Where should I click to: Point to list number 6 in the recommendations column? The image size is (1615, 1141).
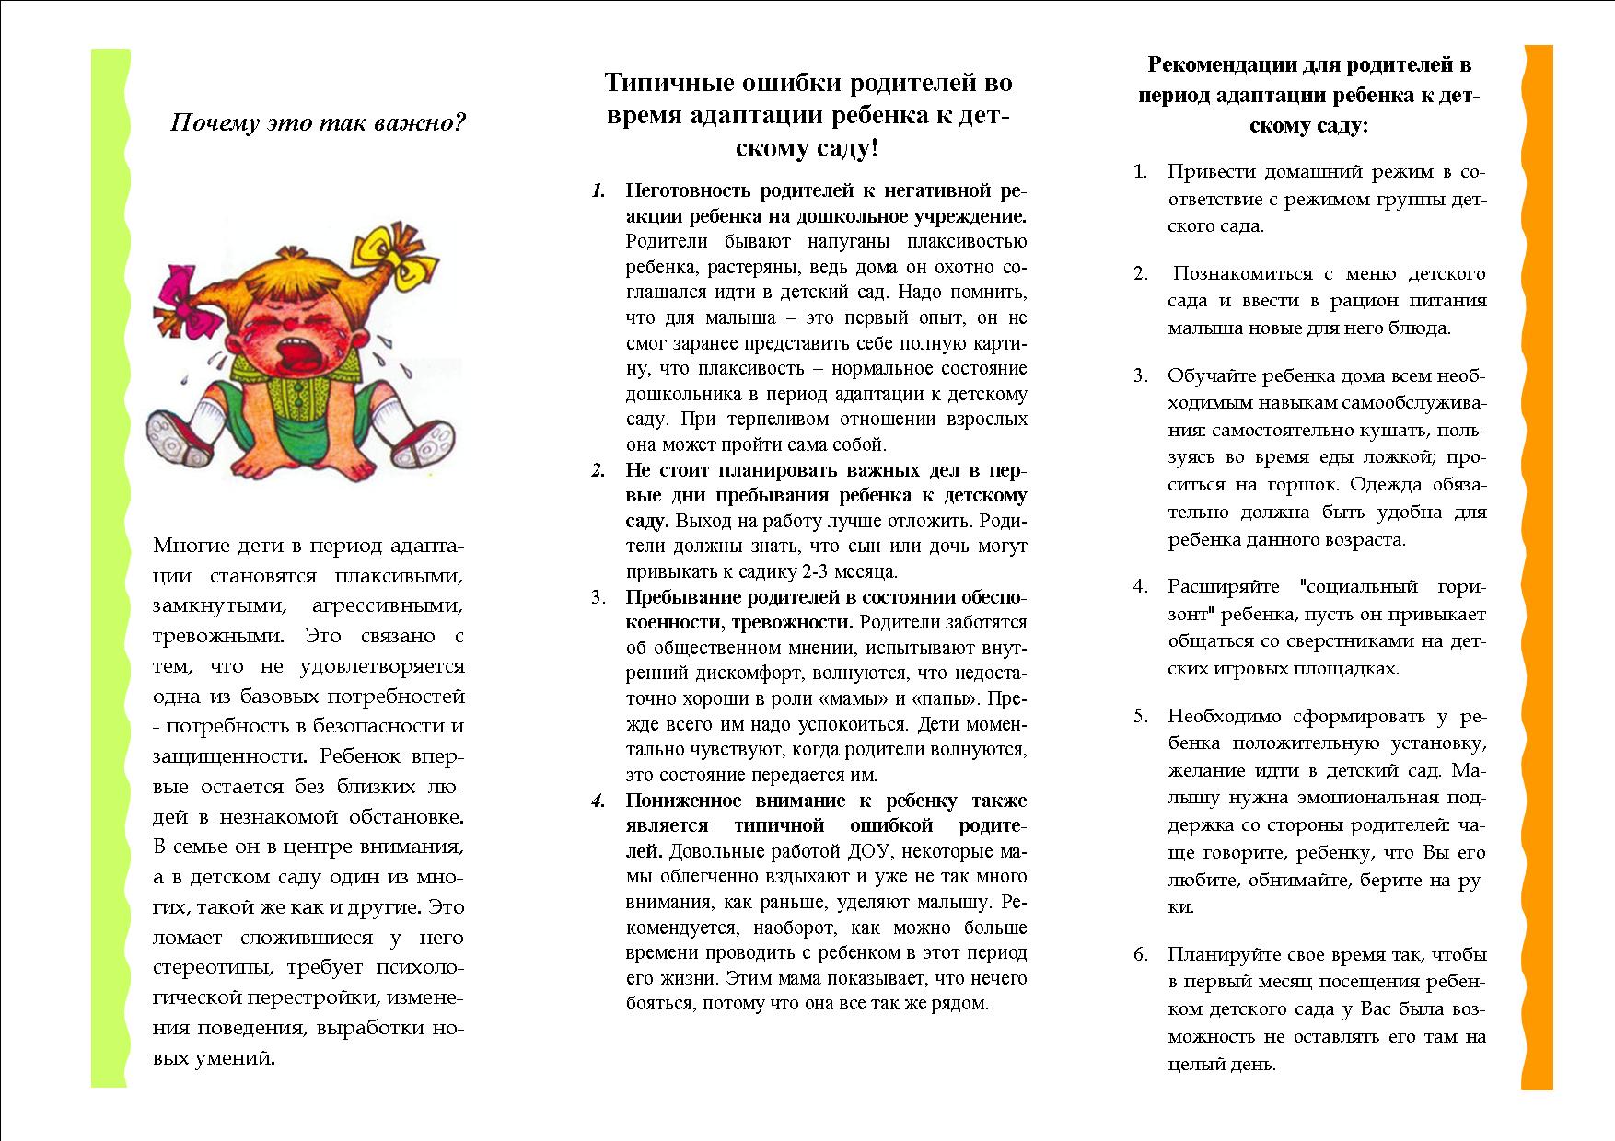1141,954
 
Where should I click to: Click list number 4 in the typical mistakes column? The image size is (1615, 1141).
598,801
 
